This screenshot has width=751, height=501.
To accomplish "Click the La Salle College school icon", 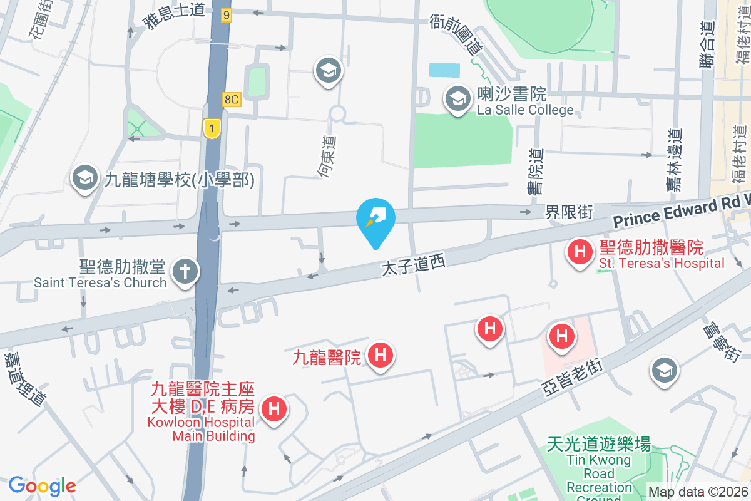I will tap(458, 99).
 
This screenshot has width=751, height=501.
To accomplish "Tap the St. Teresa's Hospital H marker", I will tap(580, 253).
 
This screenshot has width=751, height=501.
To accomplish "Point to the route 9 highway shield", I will tap(226, 14).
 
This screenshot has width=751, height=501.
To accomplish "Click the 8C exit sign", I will tap(232, 100).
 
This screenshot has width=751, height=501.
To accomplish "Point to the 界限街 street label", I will tap(568, 212).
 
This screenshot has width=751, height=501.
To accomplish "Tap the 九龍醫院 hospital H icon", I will tap(381, 356).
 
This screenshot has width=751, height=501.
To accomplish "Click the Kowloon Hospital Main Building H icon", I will tap(273, 410).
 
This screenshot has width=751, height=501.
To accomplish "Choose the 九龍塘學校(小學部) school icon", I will tap(84, 178).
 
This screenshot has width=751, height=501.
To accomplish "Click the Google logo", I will tap(42, 486).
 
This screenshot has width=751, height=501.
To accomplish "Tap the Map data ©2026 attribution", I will tap(698, 492).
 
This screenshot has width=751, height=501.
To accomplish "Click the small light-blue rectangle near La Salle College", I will tap(444, 70).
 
